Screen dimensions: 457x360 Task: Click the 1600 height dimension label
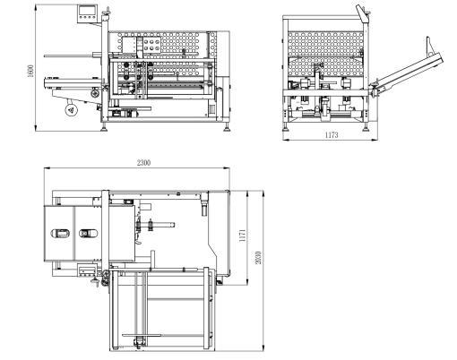tap(31, 71)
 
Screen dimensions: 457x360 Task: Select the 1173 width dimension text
tap(332, 135)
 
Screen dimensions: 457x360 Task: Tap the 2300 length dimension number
tap(143, 163)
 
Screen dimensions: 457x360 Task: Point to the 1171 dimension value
tap(243, 236)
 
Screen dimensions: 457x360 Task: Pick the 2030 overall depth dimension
tap(259, 257)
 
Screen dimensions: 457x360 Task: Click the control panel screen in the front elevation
tap(87, 10)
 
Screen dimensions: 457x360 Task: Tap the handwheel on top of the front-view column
tap(107, 13)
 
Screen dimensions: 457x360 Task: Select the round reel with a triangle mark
tap(72, 110)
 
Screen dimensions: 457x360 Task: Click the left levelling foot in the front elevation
tap(105, 127)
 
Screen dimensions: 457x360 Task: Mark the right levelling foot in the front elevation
tap(227, 127)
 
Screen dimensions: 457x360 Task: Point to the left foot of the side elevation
tap(286, 127)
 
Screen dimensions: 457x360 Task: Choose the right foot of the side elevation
tap(366, 127)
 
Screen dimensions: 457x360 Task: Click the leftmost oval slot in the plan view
tap(61, 233)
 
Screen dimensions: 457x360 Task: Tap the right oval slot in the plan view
tap(88, 233)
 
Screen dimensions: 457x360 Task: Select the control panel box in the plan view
tap(87, 270)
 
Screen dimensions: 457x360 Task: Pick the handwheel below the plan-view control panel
tap(95, 281)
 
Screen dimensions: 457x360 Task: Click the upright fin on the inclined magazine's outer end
tap(430, 47)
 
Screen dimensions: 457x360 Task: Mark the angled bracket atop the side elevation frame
tap(362, 13)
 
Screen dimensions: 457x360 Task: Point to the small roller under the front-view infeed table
tap(95, 93)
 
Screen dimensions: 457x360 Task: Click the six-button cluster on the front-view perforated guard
tap(151, 45)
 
